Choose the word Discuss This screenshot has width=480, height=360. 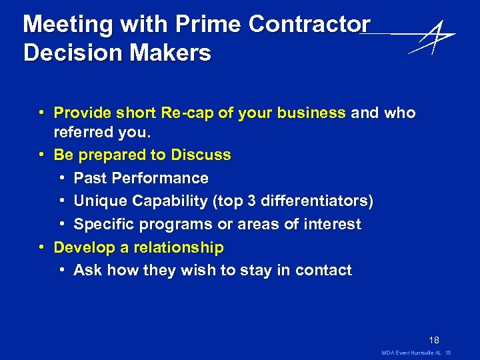[201, 155]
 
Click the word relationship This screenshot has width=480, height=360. [179, 247]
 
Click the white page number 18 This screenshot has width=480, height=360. [433, 340]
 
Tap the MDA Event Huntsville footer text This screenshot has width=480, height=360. [407, 352]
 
